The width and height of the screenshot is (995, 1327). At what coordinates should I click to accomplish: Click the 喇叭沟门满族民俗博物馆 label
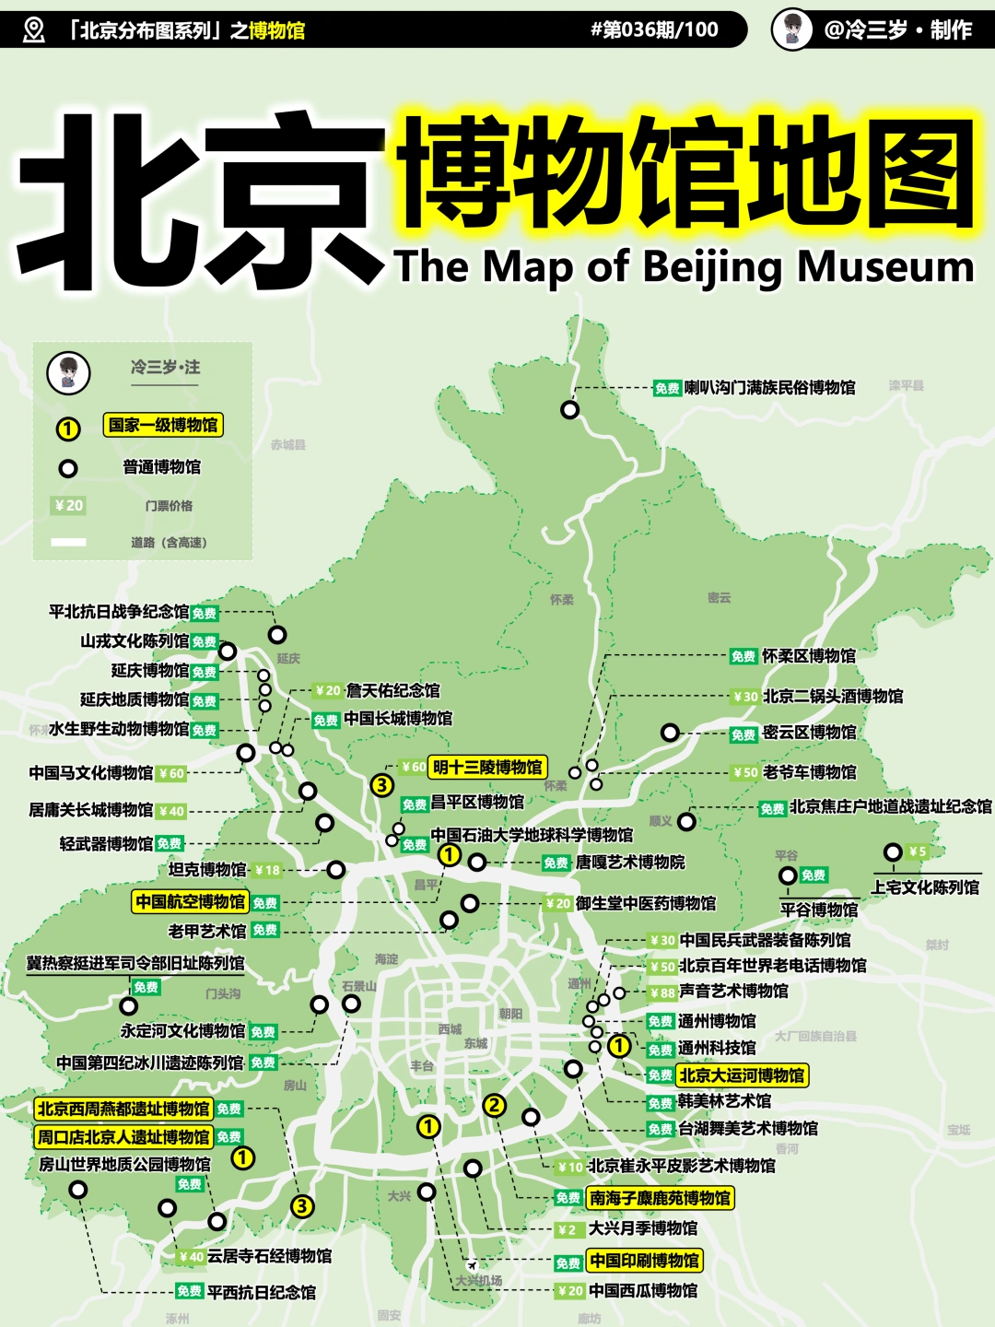coord(769,388)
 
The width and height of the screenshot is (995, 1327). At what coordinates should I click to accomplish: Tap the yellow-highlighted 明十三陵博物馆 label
coord(487,767)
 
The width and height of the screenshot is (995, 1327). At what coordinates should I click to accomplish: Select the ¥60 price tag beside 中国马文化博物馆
coord(171,773)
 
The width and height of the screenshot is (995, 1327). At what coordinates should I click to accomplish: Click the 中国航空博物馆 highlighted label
coord(190,902)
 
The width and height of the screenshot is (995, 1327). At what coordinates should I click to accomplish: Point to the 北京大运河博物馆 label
coord(742,1075)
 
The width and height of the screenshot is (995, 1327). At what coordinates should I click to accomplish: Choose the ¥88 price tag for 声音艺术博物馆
coord(662,992)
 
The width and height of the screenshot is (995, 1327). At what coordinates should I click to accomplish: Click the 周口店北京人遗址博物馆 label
coord(123,1137)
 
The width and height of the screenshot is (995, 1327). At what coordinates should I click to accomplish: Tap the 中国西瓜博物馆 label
coord(643,1291)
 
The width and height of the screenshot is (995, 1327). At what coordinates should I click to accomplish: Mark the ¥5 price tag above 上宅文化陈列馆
coord(917,851)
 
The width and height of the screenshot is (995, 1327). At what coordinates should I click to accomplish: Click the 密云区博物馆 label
coord(809,733)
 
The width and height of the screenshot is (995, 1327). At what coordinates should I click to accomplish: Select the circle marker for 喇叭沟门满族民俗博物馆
coord(570,409)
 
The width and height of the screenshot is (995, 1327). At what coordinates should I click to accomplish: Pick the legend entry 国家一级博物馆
coord(163,425)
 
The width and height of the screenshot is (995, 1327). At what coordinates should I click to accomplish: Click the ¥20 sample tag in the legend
coord(69,505)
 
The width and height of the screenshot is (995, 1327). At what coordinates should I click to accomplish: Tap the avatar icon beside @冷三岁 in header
coord(791,29)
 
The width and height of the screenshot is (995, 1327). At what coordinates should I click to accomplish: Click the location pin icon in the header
coord(33,29)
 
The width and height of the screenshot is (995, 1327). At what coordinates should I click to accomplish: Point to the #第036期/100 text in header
coord(654,29)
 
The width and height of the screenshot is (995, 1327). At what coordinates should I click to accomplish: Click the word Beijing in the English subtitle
coord(713,267)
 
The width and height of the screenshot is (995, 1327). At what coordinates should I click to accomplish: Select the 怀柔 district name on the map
coord(561,600)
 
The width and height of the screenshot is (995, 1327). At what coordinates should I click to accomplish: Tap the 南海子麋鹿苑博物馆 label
coord(660,1198)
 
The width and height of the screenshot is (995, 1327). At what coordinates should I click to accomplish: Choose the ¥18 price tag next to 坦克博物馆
coord(267,870)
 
